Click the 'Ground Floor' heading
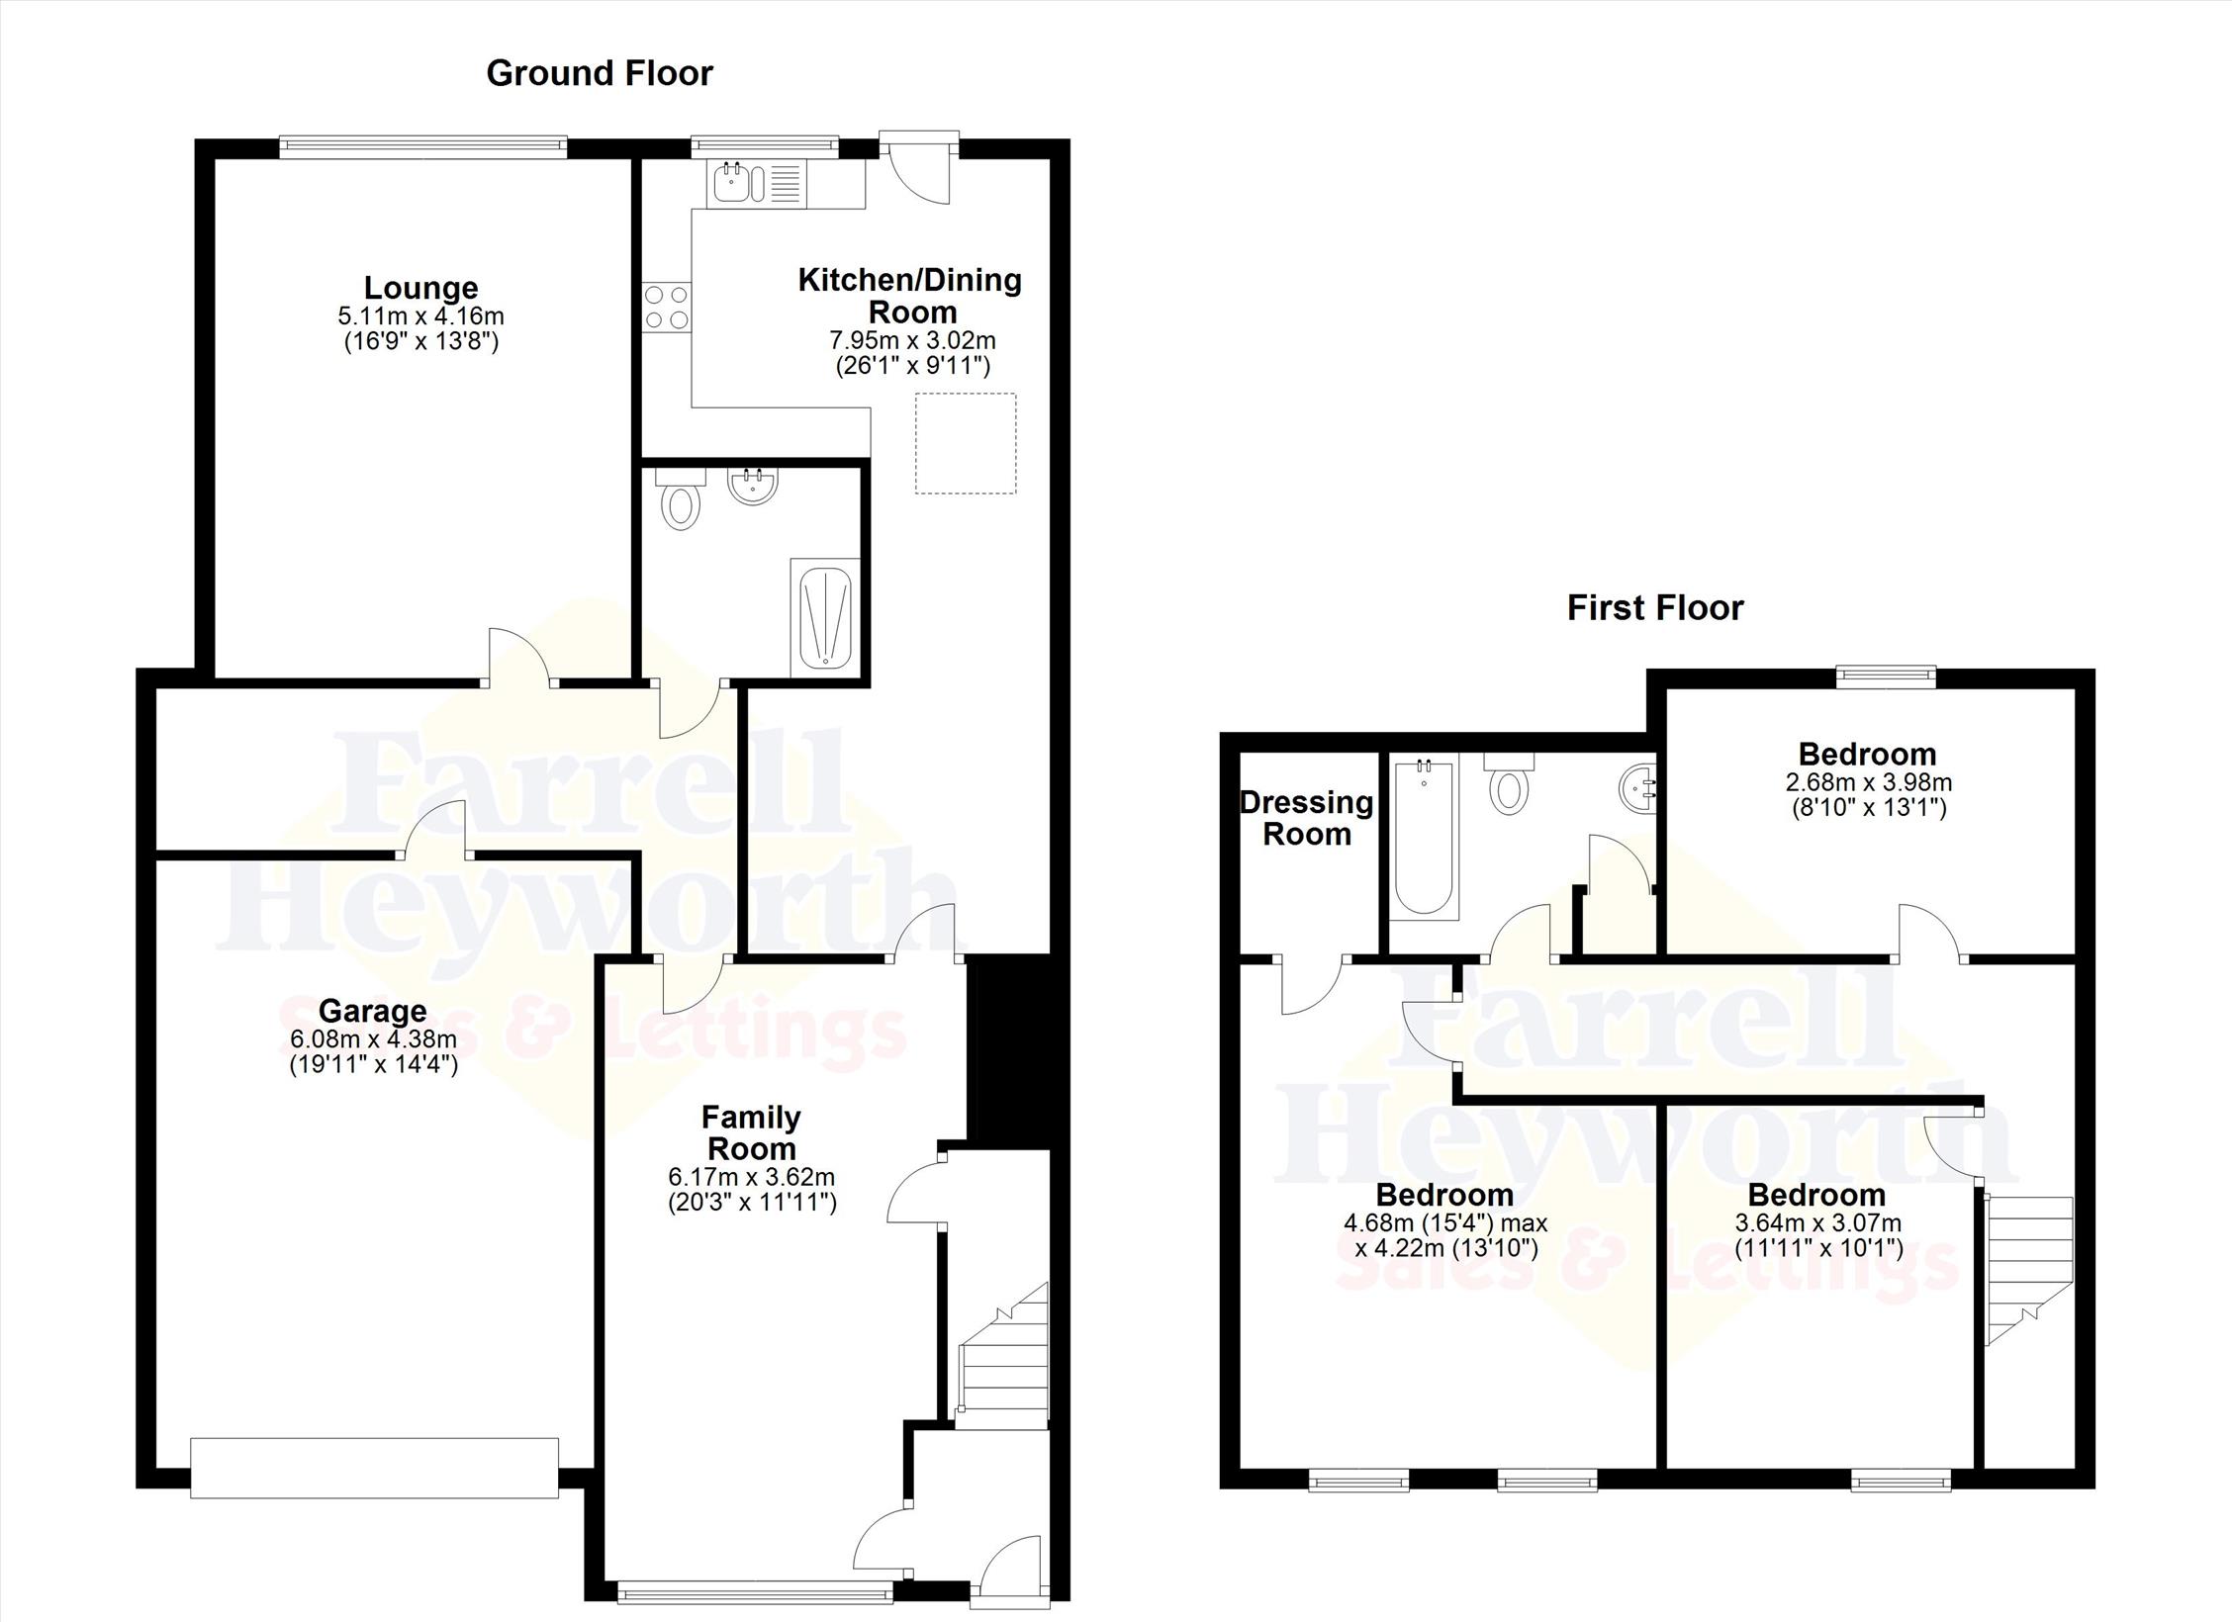[600, 73]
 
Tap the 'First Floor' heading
[1655, 607]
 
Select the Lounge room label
[421, 288]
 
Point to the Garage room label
[373, 1011]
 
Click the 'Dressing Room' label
[1307, 818]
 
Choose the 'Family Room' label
[751, 1133]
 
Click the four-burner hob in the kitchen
[667, 307]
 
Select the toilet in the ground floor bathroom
[680, 499]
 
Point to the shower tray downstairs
[825, 613]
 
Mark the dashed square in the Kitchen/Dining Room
[966, 443]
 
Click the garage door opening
[375, 1468]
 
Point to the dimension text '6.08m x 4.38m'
[373, 1039]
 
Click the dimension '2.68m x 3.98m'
[1868, 782]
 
